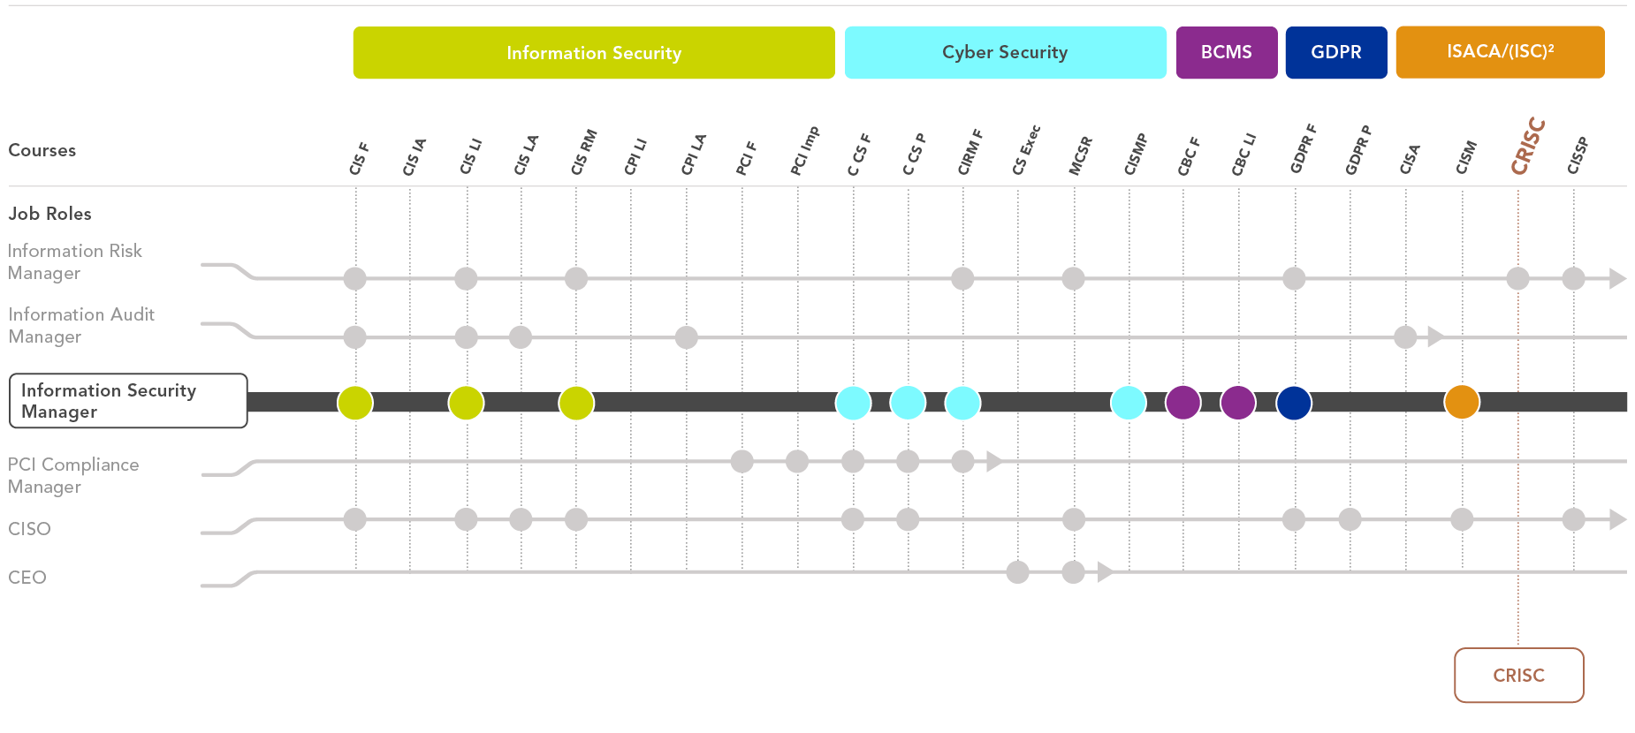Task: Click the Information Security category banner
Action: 594,53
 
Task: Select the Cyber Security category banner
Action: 1005,53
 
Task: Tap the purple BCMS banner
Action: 1227,53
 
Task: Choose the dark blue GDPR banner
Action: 1336,53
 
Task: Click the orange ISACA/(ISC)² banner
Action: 1500,53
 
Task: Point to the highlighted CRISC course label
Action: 1528,147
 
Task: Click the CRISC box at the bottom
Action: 1518,676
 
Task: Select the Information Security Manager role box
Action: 128,401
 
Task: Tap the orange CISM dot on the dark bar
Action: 1462,402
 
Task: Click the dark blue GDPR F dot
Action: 1294,402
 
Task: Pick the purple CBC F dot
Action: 1183,402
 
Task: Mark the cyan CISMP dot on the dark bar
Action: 1129,402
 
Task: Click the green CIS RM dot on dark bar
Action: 576,402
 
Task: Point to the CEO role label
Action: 27,578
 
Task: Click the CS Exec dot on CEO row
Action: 1018,572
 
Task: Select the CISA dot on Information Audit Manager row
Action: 1405,336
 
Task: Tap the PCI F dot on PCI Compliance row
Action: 742,461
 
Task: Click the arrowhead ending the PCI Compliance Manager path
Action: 994,461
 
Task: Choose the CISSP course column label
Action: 1578,156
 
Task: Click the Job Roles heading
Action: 50,214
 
